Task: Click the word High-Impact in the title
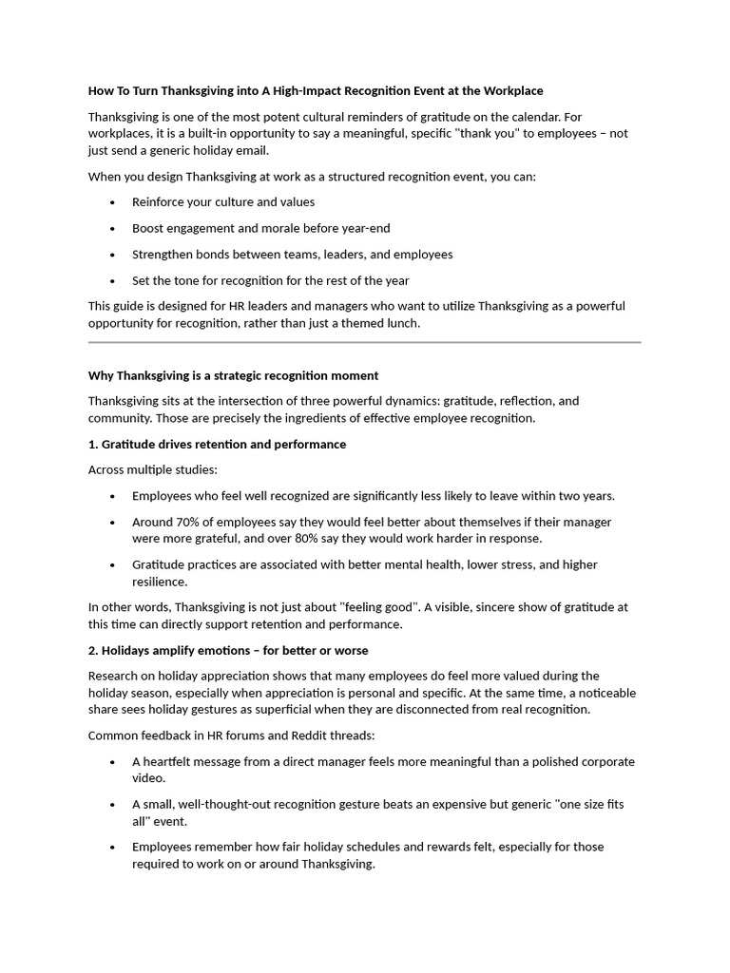click(x=316, y=91)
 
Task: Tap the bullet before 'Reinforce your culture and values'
click(x=112, y=202)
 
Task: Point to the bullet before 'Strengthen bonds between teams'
click(x=112, y=255)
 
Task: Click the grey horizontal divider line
click(x=364, y=342)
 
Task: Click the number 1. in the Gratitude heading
click(x=93, y=444)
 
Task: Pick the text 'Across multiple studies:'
click(x=140, y=469)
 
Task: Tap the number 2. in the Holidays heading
click(x=93, y=650)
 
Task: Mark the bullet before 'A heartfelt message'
click(x=112, y=762)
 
